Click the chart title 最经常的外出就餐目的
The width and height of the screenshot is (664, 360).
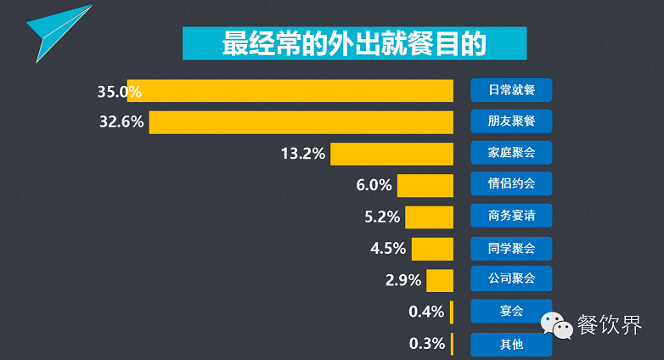[x=354, y=43]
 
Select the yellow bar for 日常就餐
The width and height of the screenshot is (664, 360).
[x=297, y=90]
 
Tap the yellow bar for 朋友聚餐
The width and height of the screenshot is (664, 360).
[x=301, y=121]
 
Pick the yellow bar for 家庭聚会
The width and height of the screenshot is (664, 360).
[x=391, y=154]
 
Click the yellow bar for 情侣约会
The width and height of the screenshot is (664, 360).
[x=425, y=185]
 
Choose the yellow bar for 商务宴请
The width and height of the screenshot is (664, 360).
[x=429, y=217]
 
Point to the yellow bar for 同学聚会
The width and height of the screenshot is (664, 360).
[x=432, y=249]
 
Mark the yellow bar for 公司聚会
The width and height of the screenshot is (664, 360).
[x=439, y=280]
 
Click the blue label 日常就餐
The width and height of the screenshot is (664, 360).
[x=511, y=89]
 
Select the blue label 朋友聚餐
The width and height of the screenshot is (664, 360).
[x=511, y=121]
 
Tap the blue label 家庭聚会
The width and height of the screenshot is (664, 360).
[x=511, y=153]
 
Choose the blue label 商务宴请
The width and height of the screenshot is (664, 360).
[x=511, y=216]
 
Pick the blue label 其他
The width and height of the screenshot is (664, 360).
[x=511, y=344]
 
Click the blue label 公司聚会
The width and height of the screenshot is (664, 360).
[x=511, y=279]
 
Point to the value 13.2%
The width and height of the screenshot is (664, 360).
[x=303, y=154]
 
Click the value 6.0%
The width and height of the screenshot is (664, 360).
[x=374, y=185]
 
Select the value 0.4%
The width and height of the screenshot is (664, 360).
[x=426, y=312]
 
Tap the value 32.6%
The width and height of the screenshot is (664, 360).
[x=121, y=121]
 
